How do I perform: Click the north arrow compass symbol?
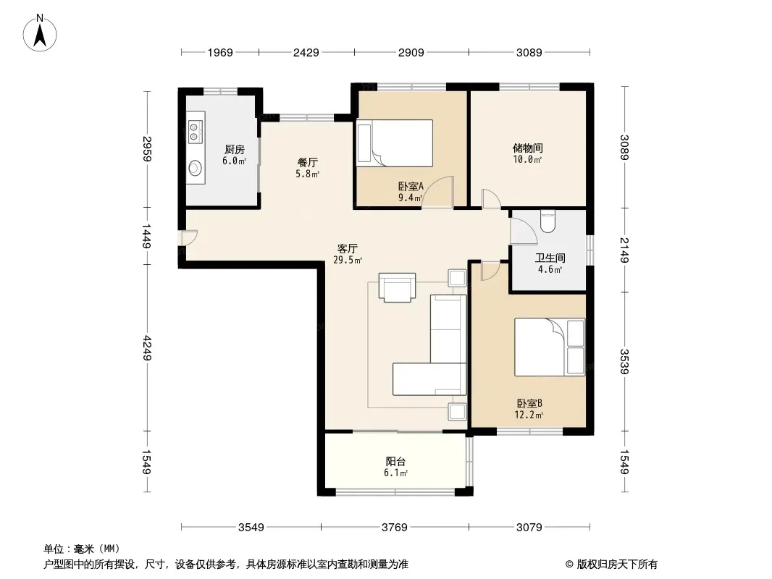(40, 33)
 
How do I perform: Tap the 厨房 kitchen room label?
(235, 149)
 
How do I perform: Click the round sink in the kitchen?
(196, 168)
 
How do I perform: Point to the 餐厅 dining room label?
(307, 162)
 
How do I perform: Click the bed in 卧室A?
(395, 143)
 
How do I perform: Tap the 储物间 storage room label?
(528, 148)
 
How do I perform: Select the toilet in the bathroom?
(547, 221)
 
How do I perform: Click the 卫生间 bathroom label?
(550, 258)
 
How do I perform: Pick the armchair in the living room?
(397, 287)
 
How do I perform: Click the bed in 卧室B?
(550, 347)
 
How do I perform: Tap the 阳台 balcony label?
(396, 462)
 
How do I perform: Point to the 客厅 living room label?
(348, 249)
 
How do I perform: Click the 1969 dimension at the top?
(219, 52)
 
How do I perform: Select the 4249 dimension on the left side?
(147, 348)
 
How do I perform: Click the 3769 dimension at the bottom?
(395, 528)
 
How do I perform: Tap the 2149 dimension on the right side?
(624, 250)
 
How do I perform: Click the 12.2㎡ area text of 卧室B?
(529, 415)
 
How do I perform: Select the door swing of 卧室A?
(437, 192)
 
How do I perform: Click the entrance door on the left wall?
(188, 237)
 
